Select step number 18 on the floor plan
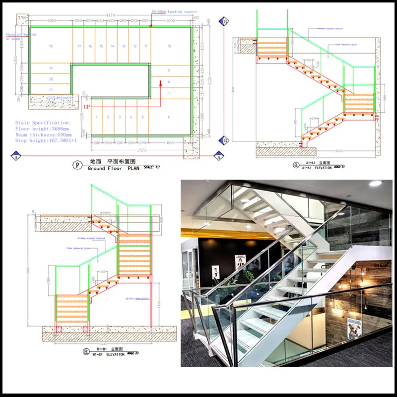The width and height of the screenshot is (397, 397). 51,46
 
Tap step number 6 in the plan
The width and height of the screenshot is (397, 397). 169,117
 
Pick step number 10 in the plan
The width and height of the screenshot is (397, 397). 169,46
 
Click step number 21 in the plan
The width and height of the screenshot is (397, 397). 51,89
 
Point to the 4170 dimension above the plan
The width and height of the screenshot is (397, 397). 113,15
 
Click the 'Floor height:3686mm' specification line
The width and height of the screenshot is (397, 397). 42,129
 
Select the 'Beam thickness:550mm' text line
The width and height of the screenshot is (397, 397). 43,134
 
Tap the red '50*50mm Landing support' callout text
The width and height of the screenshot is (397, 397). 174,11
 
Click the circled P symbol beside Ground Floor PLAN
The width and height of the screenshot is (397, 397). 76,165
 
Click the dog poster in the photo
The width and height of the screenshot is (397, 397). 355,328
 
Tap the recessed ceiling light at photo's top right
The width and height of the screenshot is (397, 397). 375,184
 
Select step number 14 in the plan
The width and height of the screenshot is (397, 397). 113,46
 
